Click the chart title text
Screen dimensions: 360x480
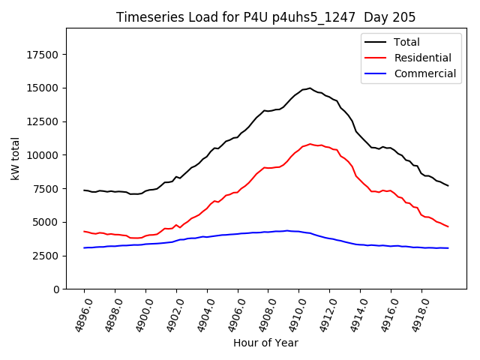pos(266,17)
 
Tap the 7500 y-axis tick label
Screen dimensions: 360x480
pos(47,188)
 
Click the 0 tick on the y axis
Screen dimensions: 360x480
pos(56,289)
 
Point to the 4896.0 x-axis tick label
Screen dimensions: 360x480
pos(77,314)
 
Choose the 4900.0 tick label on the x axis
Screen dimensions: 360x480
pos(139,314)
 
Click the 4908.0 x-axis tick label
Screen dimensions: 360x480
pos(261,314)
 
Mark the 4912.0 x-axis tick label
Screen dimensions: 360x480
pos(322,314)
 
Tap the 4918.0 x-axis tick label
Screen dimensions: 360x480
pos(414,314)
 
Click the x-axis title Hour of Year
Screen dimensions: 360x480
pos(265,343)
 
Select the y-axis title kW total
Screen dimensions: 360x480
pos(14,159)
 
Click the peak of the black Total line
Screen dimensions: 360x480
pos(310,88)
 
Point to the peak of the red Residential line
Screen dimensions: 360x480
pos(310,144)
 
